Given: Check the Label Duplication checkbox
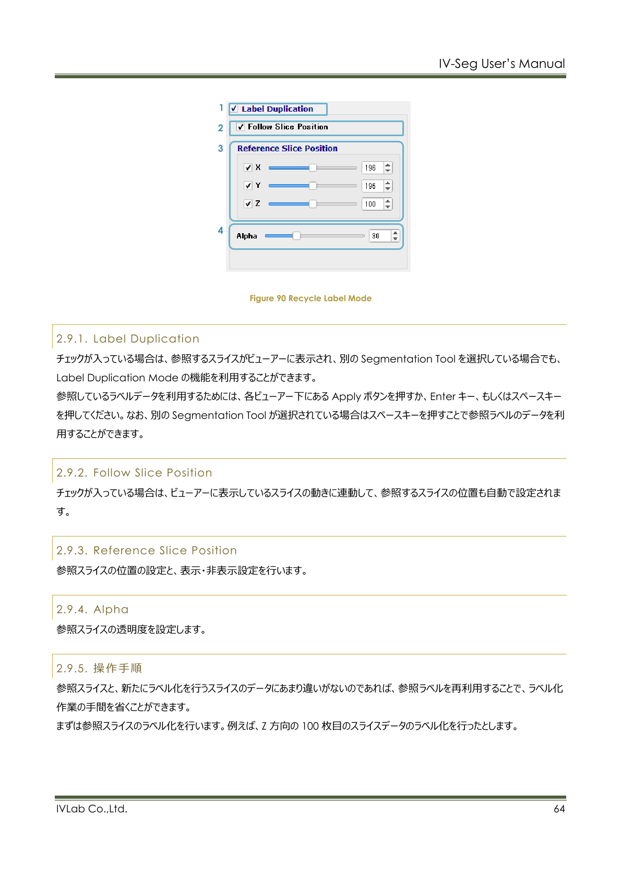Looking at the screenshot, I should [234, 109].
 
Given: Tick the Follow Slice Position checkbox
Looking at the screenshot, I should [241, 127].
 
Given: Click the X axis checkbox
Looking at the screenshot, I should [248, 167].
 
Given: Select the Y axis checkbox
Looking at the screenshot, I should [248, 186].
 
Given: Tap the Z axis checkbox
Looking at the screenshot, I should [248, 204].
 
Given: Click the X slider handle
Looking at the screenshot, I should [313, 167].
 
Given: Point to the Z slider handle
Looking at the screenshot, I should [313, 204].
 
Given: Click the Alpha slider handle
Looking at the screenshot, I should [296, 236].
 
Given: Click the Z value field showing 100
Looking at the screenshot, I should [372, 204].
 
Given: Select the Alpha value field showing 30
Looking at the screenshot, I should [378, 236].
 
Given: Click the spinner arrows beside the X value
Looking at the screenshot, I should [388, 167].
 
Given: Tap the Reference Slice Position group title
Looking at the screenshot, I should [287, 149].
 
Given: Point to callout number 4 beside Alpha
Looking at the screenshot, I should [221, 231].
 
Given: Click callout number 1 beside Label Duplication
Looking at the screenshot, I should [221, 108].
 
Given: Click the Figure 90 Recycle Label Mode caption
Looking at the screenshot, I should [310, 298].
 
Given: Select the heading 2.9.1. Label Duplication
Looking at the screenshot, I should [128, 339].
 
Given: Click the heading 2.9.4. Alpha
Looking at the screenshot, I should [92, 610].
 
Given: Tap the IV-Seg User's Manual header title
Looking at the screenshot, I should [501, 64].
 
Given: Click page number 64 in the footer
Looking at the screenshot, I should [559, 809].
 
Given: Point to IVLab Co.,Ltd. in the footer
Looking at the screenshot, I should [92, 809].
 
